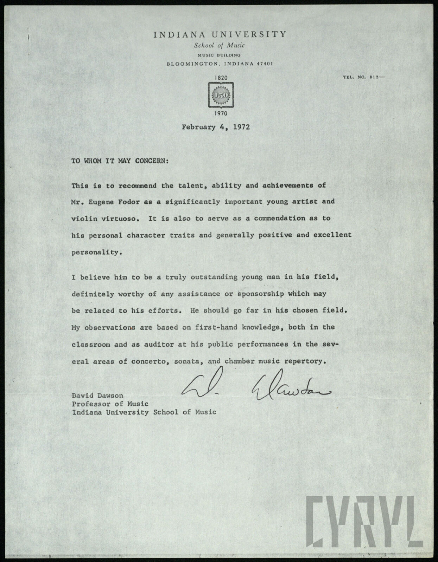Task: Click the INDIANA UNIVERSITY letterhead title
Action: [x=220, y=34]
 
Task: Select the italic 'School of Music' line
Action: [x=220, y=45]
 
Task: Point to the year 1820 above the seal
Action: [x=221, y=77]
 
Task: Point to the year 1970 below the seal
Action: [x=221, y=113]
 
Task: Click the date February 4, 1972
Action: [x=216, y=127]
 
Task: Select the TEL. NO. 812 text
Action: [x=363, y=77]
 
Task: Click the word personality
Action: [x=95, y=253]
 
